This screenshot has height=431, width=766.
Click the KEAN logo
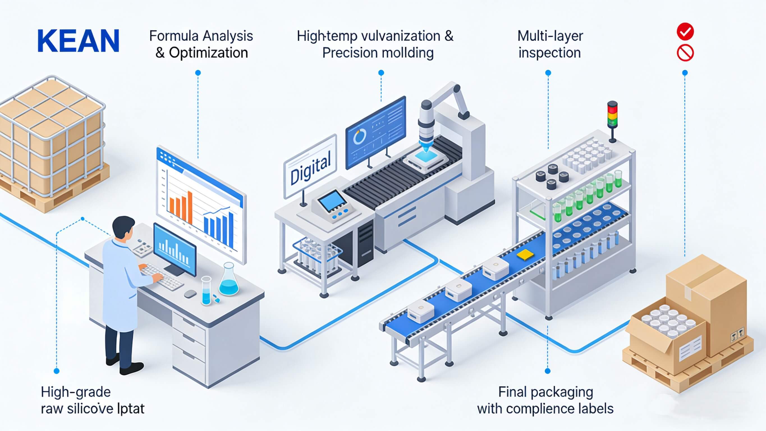78,41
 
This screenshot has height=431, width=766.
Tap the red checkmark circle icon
685,31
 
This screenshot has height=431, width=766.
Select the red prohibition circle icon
685,53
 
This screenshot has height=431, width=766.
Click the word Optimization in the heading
208,53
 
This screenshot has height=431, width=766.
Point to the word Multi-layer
550,36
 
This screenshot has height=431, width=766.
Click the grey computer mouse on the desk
190,294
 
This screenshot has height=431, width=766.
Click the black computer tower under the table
365,244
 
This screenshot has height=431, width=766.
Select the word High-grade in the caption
76,392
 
